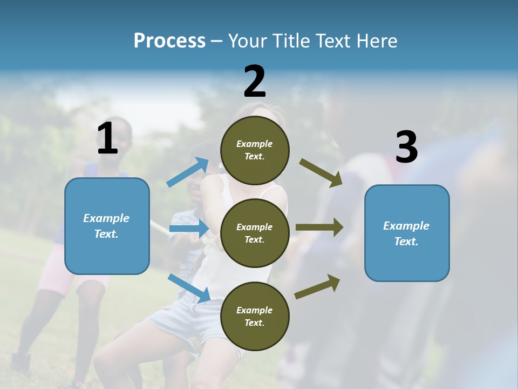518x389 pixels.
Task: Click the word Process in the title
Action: click(169, 41)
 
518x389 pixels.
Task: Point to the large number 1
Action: click(107, 139)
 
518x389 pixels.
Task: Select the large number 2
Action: click(255, 82)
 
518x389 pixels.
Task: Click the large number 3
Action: click(406, 147)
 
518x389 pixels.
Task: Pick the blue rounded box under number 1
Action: click(107, 226)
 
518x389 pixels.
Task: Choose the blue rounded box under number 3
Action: click(407, 233)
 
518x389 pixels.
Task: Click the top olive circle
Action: click(255, 150)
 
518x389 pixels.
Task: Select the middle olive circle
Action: click(255, 233)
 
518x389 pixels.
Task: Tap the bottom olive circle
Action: click(255, 316)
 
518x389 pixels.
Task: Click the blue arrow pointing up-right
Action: click(188, 172)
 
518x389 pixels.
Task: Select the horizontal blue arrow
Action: click(189, 229)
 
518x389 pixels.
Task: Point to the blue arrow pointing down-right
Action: click(189, 288)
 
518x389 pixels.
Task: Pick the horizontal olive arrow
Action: click(319, 227)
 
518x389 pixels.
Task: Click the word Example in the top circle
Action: click(255, 144)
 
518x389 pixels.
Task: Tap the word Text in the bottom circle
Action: click(254, 323)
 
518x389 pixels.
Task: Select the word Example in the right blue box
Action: click(406, 226)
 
